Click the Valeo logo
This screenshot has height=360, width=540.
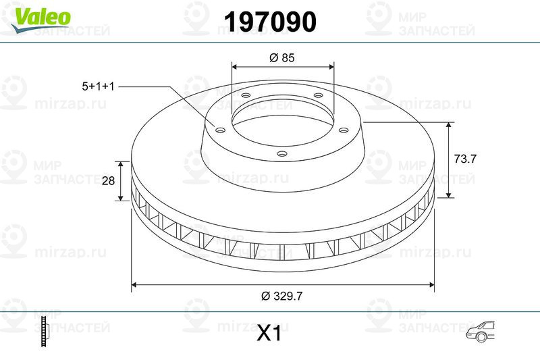(40, 18)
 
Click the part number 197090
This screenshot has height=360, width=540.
(270, 22)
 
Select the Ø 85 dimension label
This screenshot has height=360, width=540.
(282, 57)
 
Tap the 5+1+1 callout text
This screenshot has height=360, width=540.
(98, 86)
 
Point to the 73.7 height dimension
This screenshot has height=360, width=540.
(465, 159)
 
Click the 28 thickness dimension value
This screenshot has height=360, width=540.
(108, 180)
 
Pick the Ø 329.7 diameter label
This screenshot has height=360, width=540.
(281, 296)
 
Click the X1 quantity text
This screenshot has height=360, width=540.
(269, 334)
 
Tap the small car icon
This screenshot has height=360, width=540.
(480, 332)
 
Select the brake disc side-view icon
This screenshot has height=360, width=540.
(45, 332)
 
